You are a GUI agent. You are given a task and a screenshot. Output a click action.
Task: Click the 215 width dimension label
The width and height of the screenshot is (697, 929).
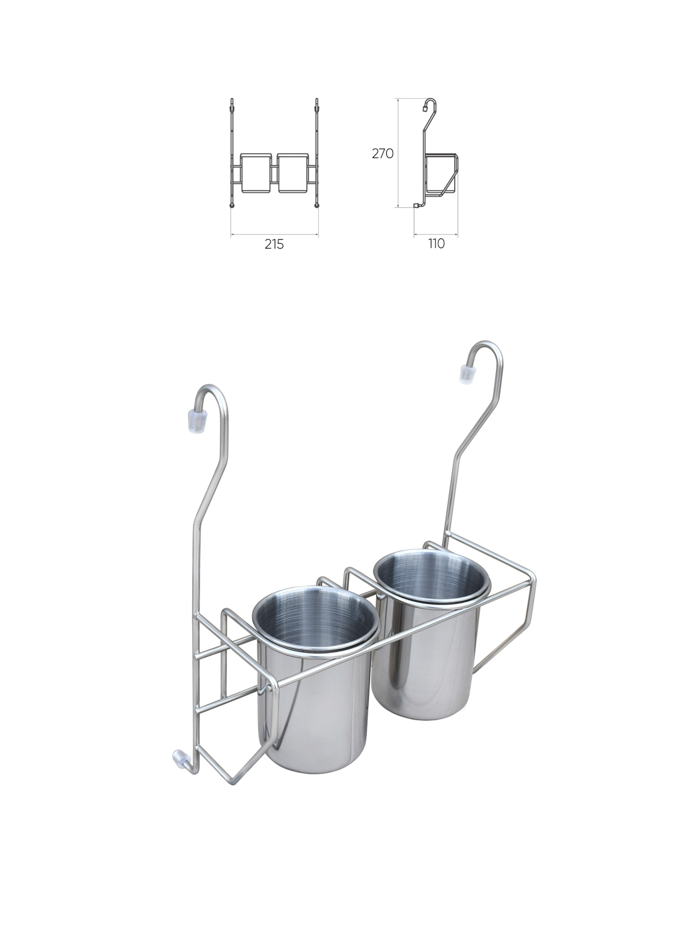click(x=274, y=244)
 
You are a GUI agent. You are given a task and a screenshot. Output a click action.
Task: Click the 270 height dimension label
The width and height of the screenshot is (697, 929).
click(x=382, y=154)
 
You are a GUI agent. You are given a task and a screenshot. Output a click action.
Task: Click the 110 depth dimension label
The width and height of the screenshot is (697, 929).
click(x=436, y=244)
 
